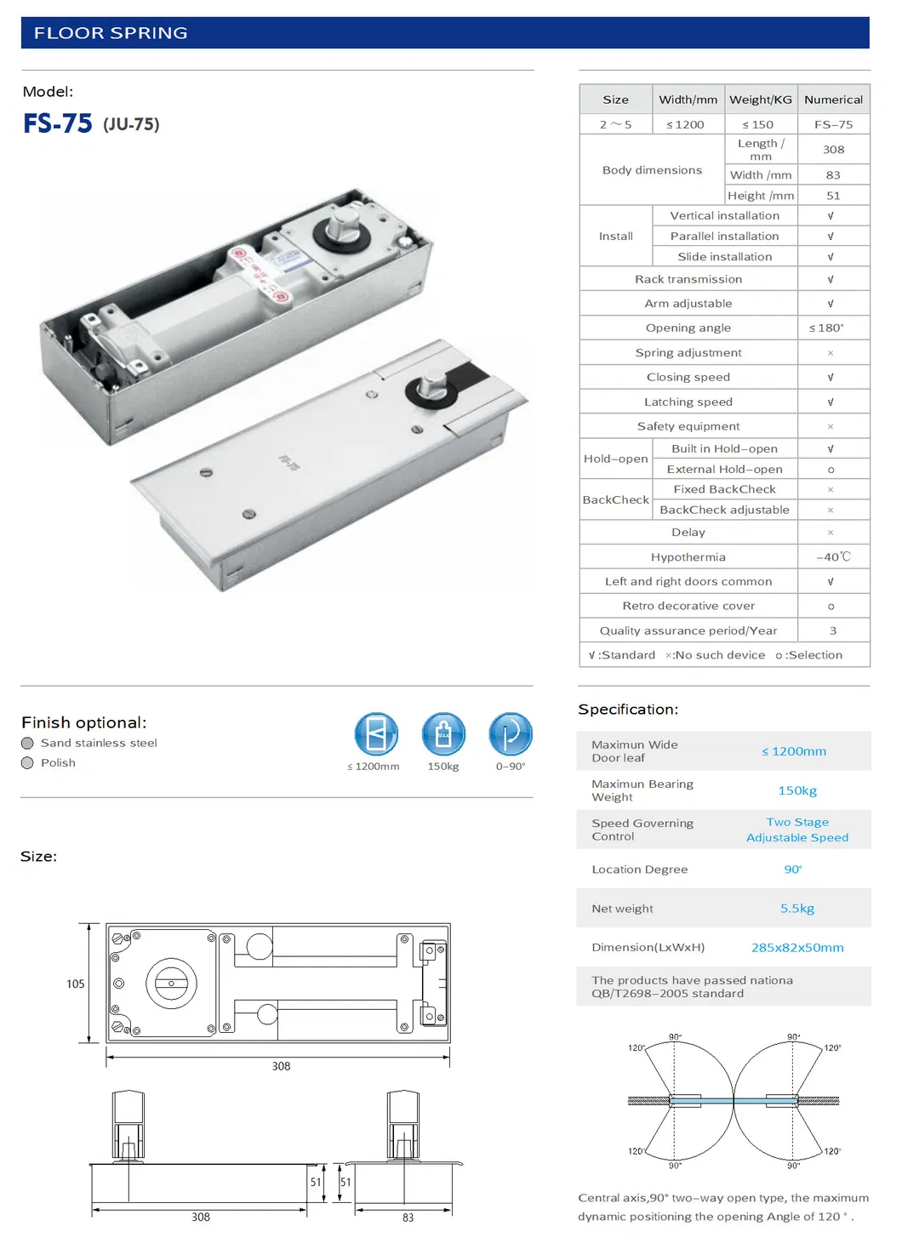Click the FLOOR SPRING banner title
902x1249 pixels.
pos(111,33)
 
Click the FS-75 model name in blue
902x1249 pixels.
pos(58,124)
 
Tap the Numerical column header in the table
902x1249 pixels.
pos(833,100)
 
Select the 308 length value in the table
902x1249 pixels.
pos(833,150)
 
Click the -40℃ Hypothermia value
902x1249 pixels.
pos(832,557)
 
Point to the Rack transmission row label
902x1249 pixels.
pos(688,279)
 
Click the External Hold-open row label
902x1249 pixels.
pos(724,470)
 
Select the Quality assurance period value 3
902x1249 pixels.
pos(832,631)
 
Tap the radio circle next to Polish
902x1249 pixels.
pos(27,763)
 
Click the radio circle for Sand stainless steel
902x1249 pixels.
pos(27,744)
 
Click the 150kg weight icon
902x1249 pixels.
pos(443,734)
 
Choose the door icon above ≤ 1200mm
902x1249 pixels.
pos(376,734)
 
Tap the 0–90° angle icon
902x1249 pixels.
pos(511,734)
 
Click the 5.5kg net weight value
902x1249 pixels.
pos(796,909)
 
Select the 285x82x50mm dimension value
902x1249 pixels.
pos(796,948)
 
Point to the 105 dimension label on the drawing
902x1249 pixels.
pos(76,984)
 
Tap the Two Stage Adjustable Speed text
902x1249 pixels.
pos(796,830)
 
